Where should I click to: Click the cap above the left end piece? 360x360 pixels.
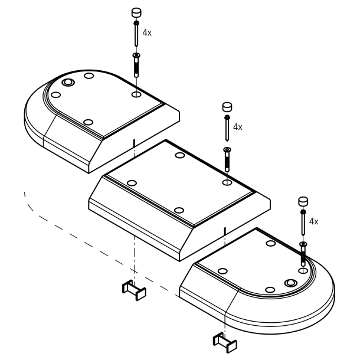click(x=136, y=12)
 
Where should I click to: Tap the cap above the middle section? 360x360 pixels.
click(x=227, y=107)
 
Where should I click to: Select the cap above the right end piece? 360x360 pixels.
click(x=303, y=201)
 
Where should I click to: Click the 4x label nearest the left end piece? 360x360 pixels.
click(x=147, y=33)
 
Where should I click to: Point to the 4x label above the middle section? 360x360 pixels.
click(x=238, y=127)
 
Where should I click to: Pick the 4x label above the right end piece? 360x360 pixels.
click(x=313, y=221)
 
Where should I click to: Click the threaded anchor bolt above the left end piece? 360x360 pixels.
click(x=136, y=65)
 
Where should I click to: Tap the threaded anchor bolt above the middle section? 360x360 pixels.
click(x=227, y=159)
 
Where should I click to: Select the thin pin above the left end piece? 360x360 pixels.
click(x=136, y=34)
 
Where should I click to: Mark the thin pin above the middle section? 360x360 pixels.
click(x=227, y=128)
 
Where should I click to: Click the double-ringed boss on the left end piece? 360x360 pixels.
click(x=68, y=82)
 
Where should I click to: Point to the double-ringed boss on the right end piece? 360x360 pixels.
click(x=290, y=283)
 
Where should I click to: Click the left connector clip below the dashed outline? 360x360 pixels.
click(x=134, y=290)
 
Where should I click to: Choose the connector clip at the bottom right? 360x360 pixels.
click(x=225, y=342)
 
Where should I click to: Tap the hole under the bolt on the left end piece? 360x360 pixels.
click(x=136, y=94)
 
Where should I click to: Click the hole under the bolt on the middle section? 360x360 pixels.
click(x=227, y=182)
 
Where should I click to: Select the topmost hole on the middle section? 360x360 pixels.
click(x=180, y=155)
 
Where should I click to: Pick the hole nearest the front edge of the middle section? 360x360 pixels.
click(x=179, y=210)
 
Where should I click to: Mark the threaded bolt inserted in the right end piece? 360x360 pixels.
click(x=303, y=254)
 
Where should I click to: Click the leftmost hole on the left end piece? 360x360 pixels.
click(x=56, y=95)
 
